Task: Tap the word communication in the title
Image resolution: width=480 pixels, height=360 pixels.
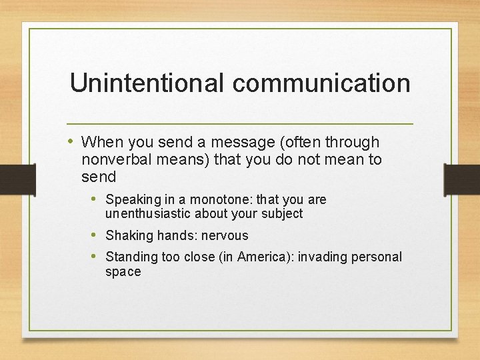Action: click(x=321, y=83)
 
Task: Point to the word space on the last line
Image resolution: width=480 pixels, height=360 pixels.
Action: click(x=123, y=271)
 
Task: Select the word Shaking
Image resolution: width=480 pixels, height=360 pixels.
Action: click(x=129, y=235)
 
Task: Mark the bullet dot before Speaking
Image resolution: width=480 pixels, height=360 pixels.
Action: click(x=95, y=199)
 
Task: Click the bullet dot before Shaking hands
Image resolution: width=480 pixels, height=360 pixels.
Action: click(x=95, y=235)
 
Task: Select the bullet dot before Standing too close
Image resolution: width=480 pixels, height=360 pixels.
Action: click(x=95, y=257)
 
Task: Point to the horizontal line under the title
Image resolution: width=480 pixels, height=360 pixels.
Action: click(x=240, y=124)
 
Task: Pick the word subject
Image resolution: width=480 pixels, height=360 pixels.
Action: click(x=283, y=213)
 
